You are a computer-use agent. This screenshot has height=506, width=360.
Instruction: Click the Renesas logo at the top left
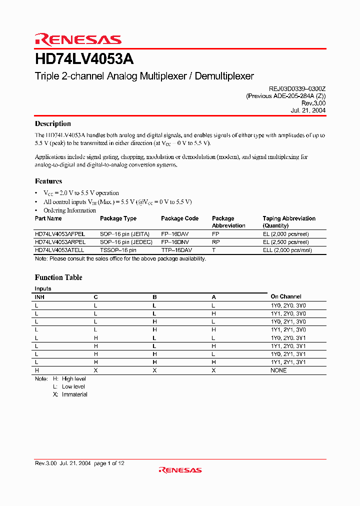(78, 39)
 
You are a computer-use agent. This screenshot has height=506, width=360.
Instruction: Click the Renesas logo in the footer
(180, 469)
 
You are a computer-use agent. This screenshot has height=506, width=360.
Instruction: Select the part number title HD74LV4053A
(84, 59)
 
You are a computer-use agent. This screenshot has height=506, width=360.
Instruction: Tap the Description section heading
(52, 123)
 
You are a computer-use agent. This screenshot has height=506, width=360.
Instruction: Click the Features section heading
(48, 181)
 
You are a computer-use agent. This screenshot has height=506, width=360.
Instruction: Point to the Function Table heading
(58, 277)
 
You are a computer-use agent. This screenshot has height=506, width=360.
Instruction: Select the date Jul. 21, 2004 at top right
(308, 110)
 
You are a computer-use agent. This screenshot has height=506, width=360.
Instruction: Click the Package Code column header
(179, 218)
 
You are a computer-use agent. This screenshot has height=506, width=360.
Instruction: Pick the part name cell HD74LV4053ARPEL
(60, 241)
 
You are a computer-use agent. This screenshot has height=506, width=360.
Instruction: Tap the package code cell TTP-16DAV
(176, 249)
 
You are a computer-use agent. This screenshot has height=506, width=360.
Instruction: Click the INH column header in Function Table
(39, 296)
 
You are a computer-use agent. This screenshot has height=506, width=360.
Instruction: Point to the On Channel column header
(286, 296)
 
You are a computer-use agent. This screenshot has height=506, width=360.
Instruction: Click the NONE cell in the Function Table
(278, 370)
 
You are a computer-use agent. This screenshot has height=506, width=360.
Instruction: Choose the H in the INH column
(36, 370)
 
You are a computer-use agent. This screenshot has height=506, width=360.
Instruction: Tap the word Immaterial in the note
(74, 394)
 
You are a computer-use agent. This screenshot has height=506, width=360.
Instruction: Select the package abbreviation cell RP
(215, 241)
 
